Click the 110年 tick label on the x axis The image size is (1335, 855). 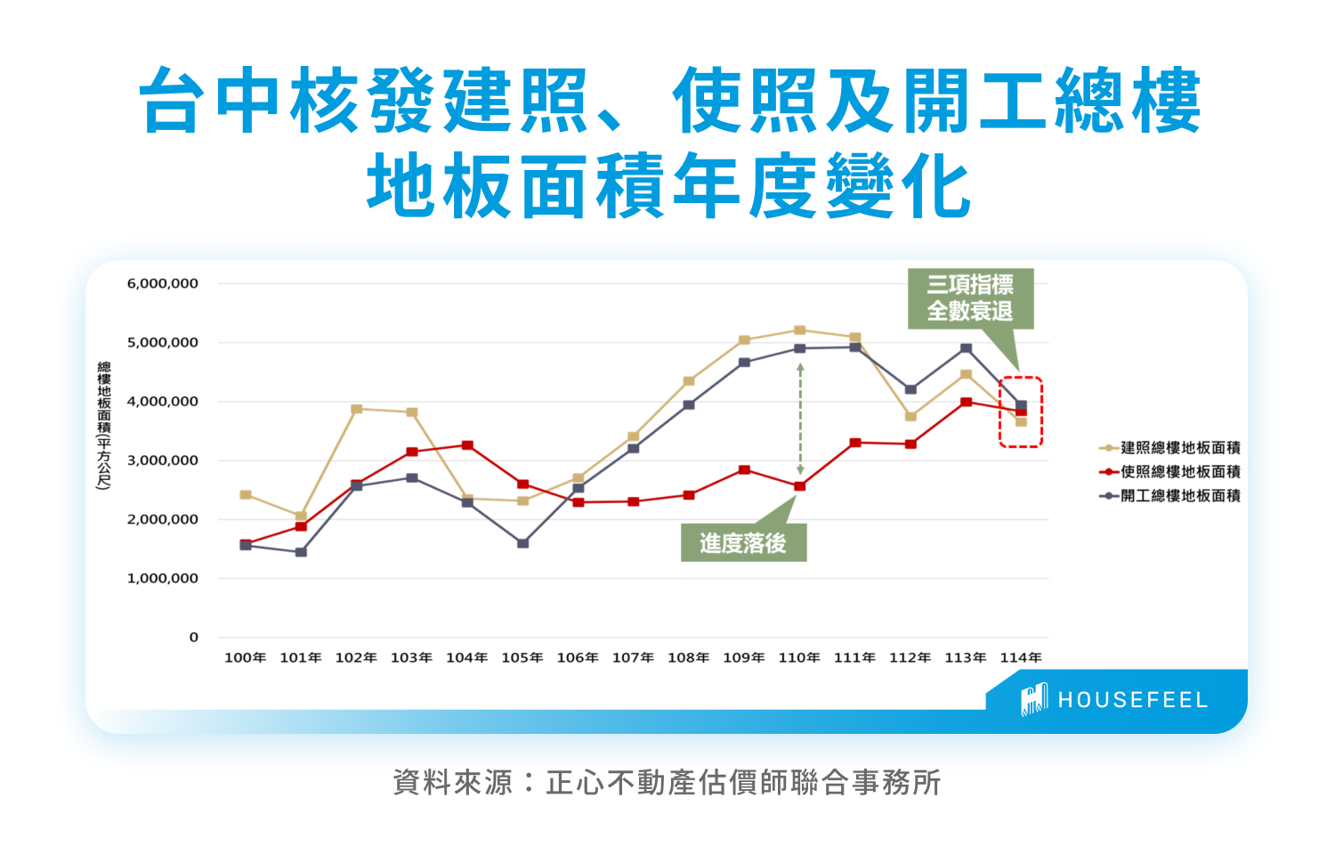coord(799,657)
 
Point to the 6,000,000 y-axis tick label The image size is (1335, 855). coord(163,284)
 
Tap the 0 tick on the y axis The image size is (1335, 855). coord(194,637)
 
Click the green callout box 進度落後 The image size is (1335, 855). coord(743,542)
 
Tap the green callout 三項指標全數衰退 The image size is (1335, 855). coord(970,298)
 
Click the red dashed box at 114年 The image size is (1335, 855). coord(1021,411)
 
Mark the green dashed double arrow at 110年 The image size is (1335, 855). coord(800,419)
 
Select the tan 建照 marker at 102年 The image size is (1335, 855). coord(356,409)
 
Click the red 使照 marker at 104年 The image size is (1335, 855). coord(467,445)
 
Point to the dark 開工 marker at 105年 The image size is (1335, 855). coord(522,542)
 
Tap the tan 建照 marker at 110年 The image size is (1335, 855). coord(799,330)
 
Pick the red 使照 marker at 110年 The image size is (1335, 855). coord(799,486)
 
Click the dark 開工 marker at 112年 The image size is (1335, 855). coord(910,389)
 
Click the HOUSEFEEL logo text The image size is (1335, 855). coord(1132,700)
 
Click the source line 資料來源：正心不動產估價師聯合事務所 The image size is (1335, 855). coord(667,783)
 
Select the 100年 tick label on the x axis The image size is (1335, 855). coord(246,657)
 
